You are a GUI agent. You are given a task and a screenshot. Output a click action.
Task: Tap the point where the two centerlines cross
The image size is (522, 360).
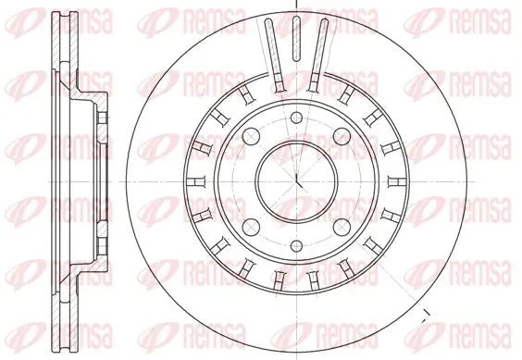pos(296,181)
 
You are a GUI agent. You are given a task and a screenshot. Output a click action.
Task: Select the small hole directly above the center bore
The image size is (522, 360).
pos(296,118)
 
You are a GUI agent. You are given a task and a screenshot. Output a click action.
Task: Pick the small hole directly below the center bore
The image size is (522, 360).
pos(296,246)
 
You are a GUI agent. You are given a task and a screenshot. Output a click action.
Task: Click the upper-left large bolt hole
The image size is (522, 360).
pos(251,136)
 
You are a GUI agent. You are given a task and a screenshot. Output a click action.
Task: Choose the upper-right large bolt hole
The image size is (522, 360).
pos(342,136)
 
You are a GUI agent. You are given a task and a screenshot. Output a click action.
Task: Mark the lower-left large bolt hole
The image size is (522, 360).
pos(251,227)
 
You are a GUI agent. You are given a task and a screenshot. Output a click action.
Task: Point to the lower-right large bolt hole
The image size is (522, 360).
pos(342,227)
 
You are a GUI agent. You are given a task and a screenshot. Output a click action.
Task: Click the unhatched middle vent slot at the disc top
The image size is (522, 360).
pos(296,39)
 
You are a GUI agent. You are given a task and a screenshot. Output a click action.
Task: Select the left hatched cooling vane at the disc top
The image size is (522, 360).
pos(275,56)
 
